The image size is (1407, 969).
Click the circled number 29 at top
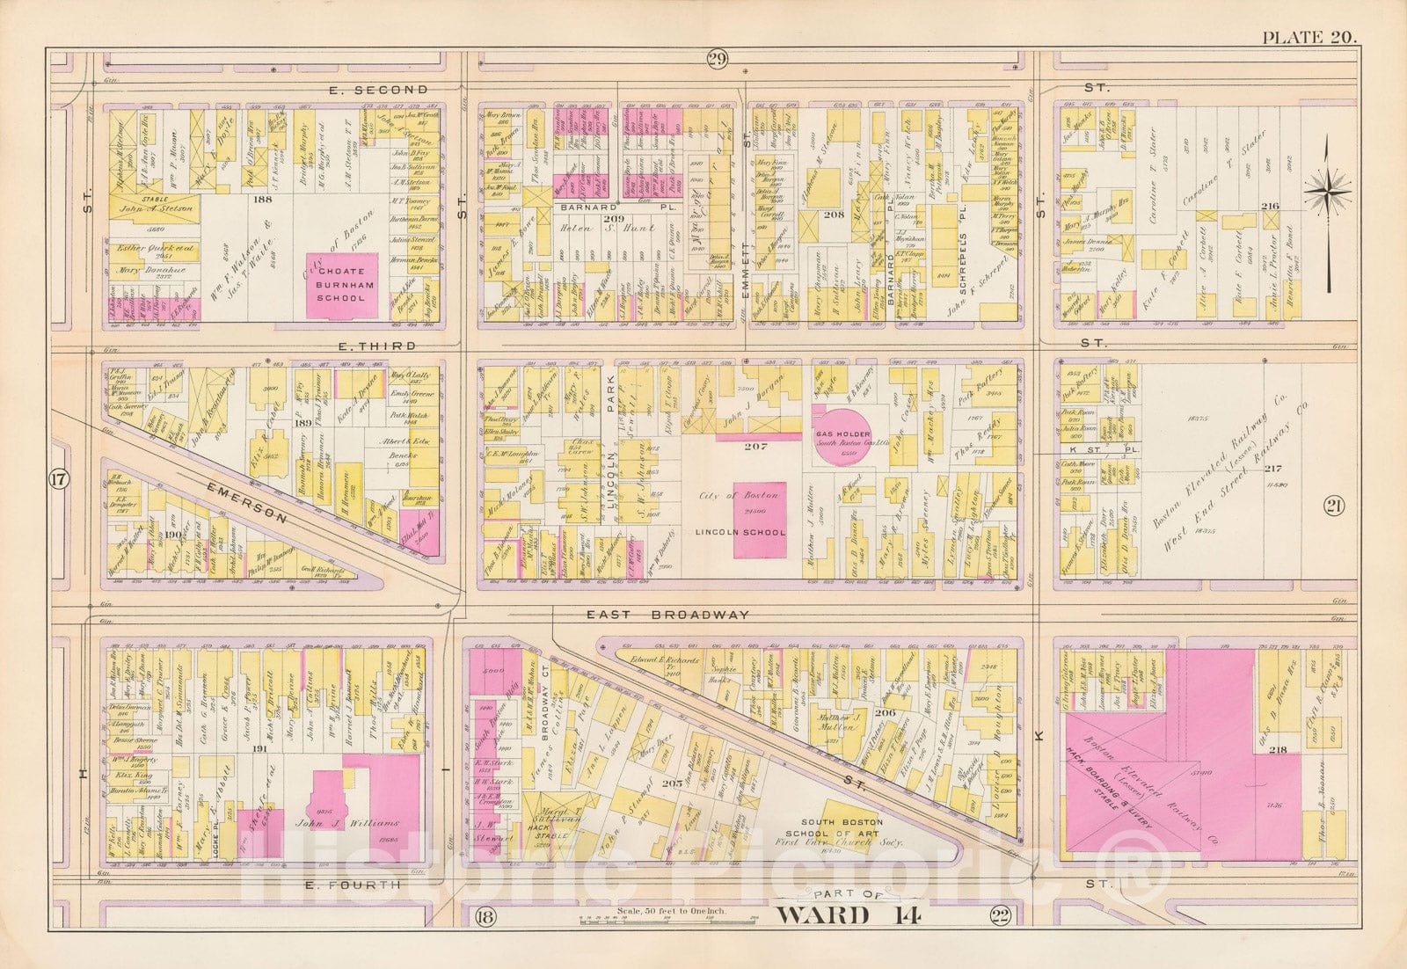click(x=716, y=59)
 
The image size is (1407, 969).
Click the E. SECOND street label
click(x=378, y=89)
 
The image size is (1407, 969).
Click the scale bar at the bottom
click(x=652, y=922)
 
